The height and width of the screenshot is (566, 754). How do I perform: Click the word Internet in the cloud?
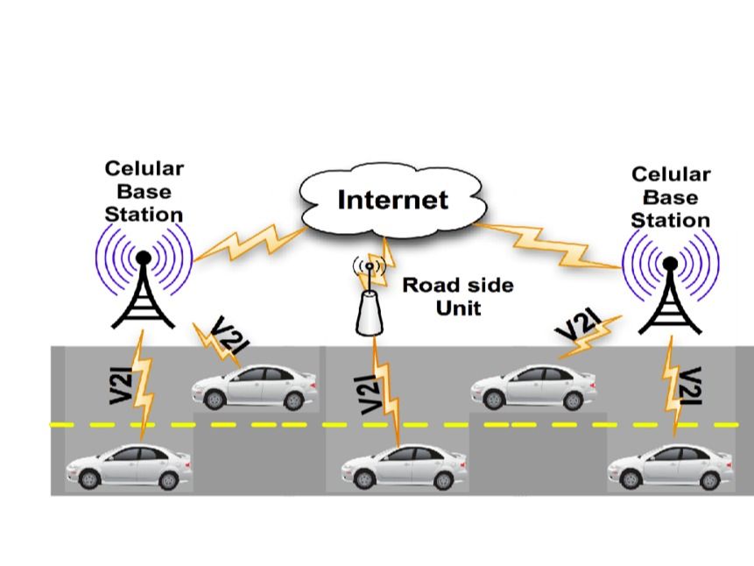392,200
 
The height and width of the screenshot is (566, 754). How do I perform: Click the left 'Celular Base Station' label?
144,191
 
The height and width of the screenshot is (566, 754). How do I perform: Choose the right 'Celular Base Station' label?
670,197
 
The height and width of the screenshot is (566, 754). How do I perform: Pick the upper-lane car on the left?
254,386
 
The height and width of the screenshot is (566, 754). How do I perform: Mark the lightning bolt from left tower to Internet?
249,242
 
